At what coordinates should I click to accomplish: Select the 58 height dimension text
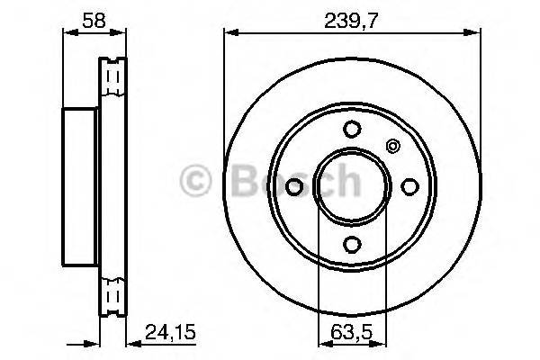click(79, 17)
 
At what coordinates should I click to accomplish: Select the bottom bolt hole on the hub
click(352, 242)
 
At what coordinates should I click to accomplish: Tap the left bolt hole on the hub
click(294, 184)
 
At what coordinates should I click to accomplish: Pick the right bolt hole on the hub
click(409, 184)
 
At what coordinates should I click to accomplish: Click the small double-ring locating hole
click(391, 147)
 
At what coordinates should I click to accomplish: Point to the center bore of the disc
click(352, 184)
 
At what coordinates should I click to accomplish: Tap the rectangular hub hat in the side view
click(79, 184)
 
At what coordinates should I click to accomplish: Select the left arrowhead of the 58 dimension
click(67, 33)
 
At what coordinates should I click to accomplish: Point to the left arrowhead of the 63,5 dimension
click(323, 339)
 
